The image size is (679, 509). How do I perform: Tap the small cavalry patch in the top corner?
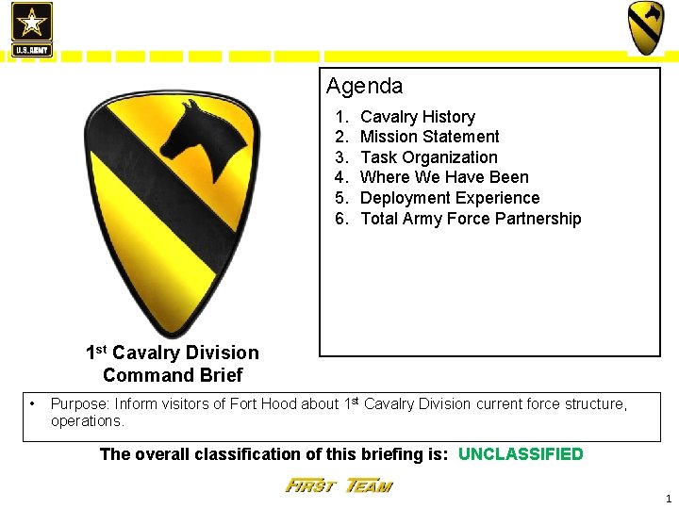tap(646, 27)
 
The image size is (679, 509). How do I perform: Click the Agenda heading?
tap(364, 87)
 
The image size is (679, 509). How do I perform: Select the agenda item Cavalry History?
tap(417, 117)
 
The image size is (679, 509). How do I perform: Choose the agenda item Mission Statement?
tap(429, 137)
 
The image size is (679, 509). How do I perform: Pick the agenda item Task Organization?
tap(428, 157)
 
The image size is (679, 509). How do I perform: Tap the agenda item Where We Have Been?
tap(444, 177)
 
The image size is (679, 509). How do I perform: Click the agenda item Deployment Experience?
tap(450, 198)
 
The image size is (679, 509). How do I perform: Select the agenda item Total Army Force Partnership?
tap(471, 219)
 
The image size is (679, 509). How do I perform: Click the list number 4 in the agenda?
tap(341, 177)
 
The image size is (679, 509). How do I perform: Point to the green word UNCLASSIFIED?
tap(521, 454)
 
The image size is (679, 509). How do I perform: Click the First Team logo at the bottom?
tap(339, 486)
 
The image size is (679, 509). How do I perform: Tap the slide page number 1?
tap(668, 499)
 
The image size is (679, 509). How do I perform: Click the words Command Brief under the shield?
tap(173, 375)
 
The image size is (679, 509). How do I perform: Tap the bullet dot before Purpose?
tap(33, 404)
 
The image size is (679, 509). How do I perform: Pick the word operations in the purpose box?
tap(87, 421)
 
